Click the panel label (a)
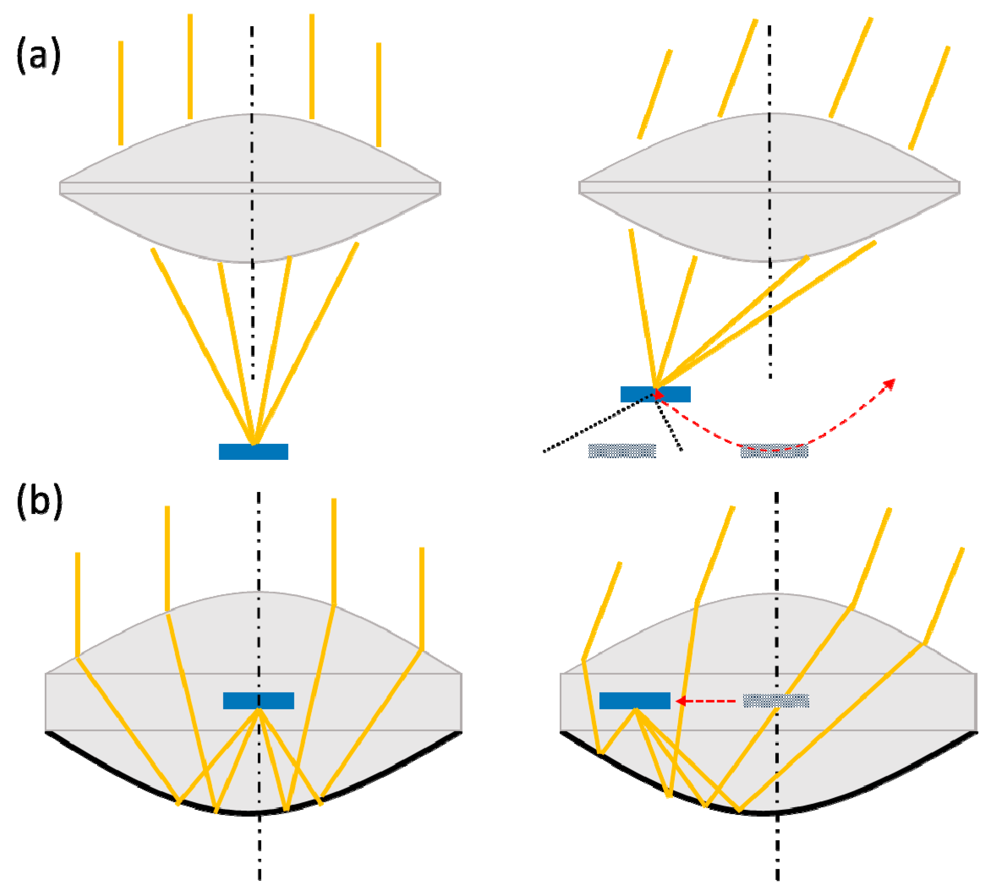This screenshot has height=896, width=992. pos(38,55)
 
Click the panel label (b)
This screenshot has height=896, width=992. pos(39,500)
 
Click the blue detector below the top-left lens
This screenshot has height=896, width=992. pos(253,452)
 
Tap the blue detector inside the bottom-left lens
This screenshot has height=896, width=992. pos(259,701)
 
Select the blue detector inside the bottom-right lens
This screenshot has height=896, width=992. pos(635,701)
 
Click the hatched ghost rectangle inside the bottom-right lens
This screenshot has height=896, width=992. pos(776,701)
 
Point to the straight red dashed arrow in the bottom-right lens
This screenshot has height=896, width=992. pos(709,701)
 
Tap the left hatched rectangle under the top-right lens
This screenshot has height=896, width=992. pos(622,451)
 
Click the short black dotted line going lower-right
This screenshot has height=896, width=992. pos(670,428)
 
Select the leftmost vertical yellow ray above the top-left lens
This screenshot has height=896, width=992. pos(121,93)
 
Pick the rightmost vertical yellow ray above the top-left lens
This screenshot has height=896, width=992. pos(378,94)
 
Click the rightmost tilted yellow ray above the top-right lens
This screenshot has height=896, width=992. pos(929,99)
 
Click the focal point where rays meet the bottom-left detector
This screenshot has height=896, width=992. pos(259,709)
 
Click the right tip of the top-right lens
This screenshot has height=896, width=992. pos(958,187)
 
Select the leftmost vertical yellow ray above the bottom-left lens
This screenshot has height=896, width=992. pos(78,604)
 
